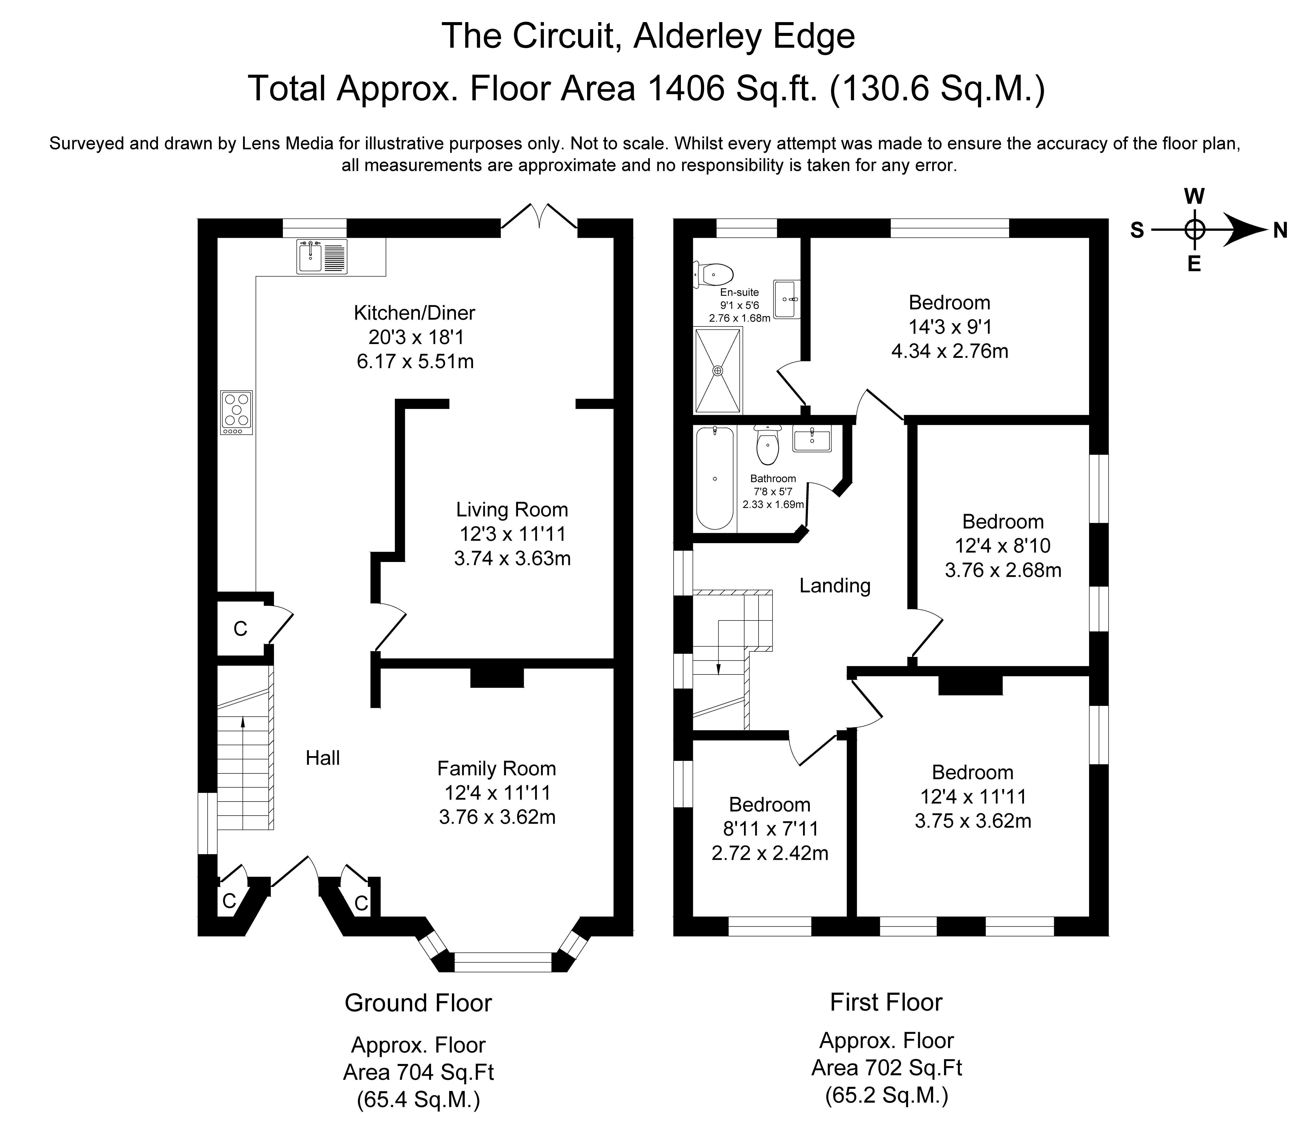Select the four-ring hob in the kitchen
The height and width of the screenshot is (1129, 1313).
tap(236, 412)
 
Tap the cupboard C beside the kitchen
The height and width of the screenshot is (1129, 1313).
tap(240, 629)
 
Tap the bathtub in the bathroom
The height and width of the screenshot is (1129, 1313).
tap(715, 478)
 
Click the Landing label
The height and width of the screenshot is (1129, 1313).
tap(834, 586)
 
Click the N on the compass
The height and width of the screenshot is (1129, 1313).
tap(1280, 231)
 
